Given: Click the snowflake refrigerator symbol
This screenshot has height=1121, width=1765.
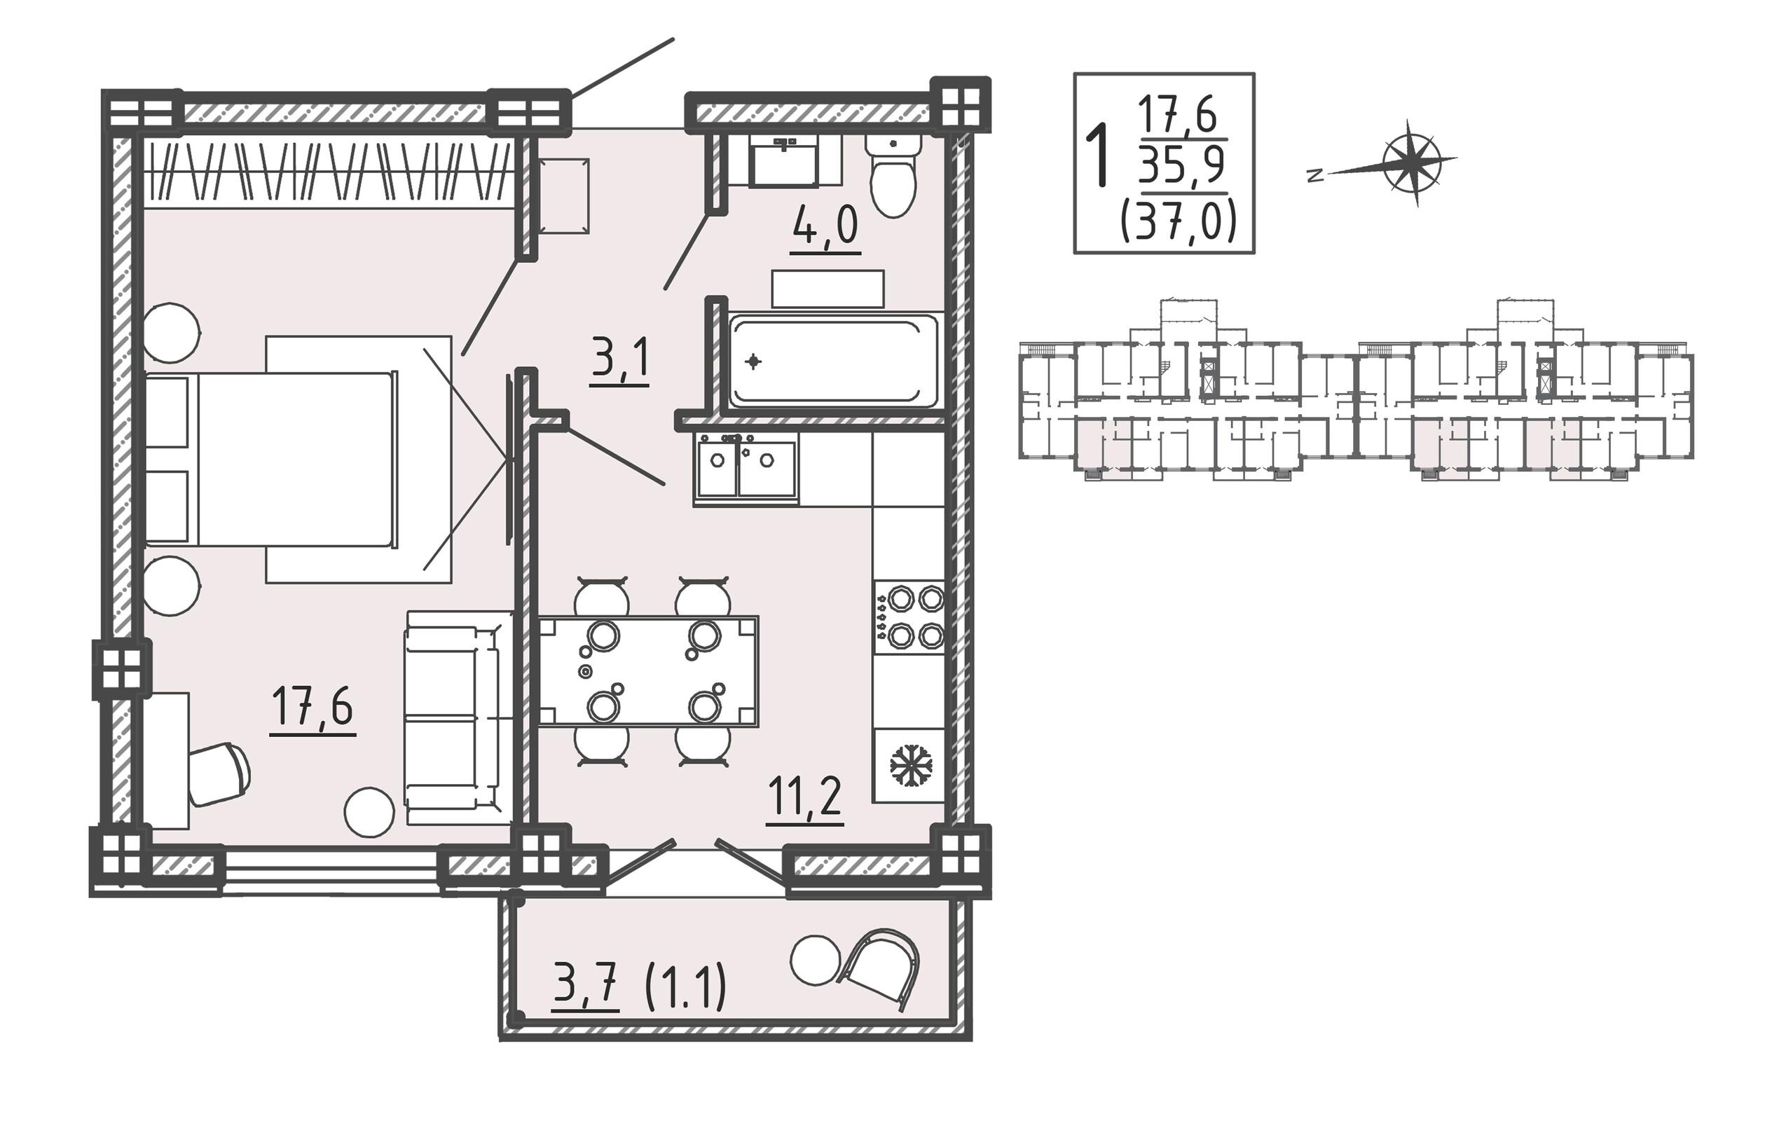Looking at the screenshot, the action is click(909, 766).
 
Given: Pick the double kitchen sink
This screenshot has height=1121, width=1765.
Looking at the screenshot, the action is click(746, 469).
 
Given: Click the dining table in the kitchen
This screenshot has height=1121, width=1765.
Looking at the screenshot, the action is click(648, 670).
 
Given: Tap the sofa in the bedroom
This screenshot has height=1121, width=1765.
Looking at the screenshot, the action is click(458, 717).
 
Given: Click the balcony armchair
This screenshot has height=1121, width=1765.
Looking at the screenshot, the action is click(881, 969).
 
